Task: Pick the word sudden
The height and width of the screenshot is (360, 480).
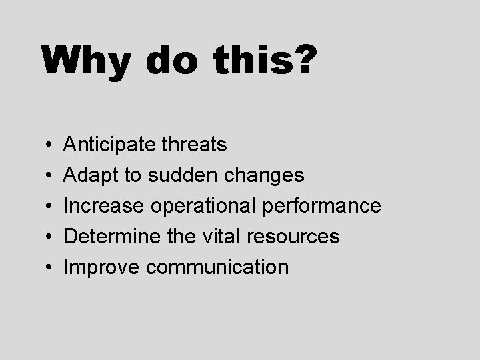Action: (x=181, y=175)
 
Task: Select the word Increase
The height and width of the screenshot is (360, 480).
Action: (x=103, y=206)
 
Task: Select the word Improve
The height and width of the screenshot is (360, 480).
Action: (x=101, y=267)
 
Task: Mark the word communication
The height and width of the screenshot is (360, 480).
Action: (x=217, y=267)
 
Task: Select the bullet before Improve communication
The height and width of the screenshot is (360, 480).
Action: (x=51, y=268)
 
